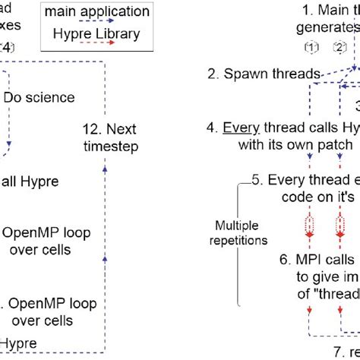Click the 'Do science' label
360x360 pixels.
click(x=39, y=98)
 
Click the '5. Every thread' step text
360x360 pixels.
click(x=304, y=180)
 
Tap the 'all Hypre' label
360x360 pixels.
click(x=30, y=182)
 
